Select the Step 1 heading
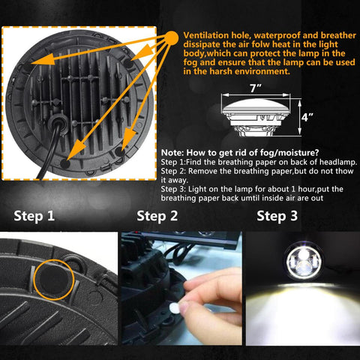pyautogui.click(x=34, y=217)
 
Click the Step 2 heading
pyautogui.click(x=157, y=217)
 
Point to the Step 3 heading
pyautogui.click(x=277, y=217)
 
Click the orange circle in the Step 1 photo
pyautogui.click(x=53, y=278)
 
